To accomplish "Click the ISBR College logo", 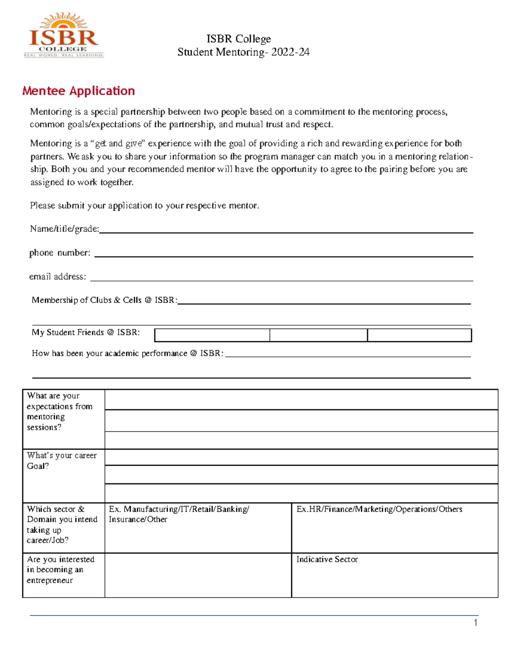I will tap(64, 36).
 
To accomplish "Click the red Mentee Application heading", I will tap(79, 91).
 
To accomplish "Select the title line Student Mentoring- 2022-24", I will tap(243, 52).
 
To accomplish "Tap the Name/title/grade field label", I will tap(64, 229).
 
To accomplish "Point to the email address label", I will tap(58, 277).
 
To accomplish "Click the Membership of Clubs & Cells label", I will tap(104, 300).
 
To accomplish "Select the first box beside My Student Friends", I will tap(212, 335).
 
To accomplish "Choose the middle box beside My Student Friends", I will tap(318, 335).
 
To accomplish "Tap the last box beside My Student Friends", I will tap(419, 335).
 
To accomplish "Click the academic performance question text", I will tap(127, 353).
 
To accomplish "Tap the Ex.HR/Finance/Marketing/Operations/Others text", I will tap(379, 509).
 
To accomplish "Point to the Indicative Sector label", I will tap(327, 559).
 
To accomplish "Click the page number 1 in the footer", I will tap(476, 622).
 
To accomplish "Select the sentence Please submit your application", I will tap(144, 206).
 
